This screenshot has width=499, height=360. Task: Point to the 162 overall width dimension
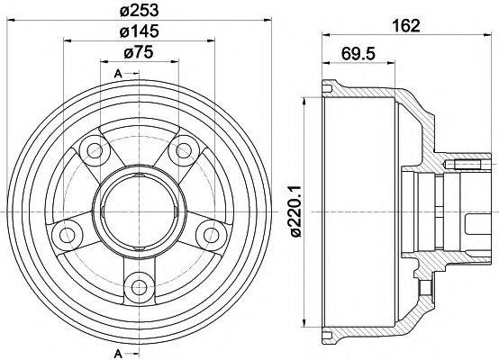(408, 26)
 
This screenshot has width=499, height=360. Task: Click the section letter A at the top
(118, 74)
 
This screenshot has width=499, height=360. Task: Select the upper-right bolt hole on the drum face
(184, 149)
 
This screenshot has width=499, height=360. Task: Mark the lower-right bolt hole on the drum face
(212, 235)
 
